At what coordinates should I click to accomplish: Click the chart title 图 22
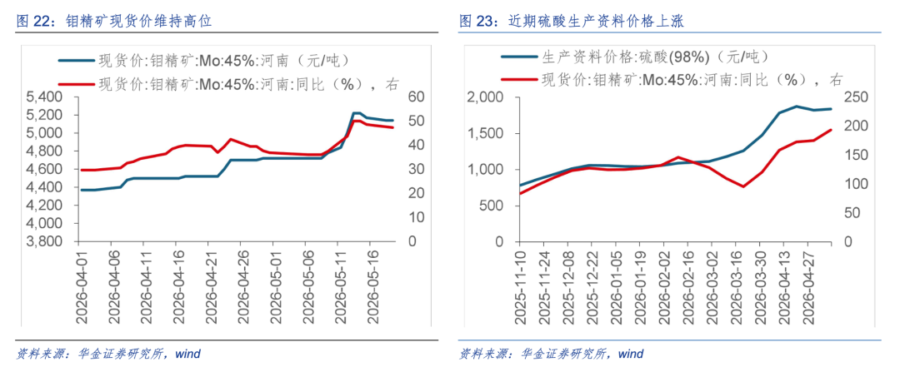pyautogui.click(x=114, y=22)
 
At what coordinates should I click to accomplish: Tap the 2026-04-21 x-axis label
pyautogui.click(x=209, y=280)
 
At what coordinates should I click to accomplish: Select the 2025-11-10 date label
pyautogui.click(x=521, y=285)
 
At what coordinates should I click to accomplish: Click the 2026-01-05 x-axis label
pyautogui.click(x=616, y=285)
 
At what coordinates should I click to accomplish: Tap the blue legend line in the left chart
pyautogui.click(x=77, y=60)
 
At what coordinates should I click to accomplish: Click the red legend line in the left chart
pyautogui.click(x=77, y=84)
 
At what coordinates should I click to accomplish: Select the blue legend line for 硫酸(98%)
pyautogui.click(x=519, y=57)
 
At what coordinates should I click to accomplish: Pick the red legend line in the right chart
pyautogui.click(x=519, y=80)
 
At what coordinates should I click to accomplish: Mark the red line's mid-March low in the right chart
pyautogui.click(x=743, y=186)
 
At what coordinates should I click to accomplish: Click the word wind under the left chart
pyautogui.click(x=187, y=354)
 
